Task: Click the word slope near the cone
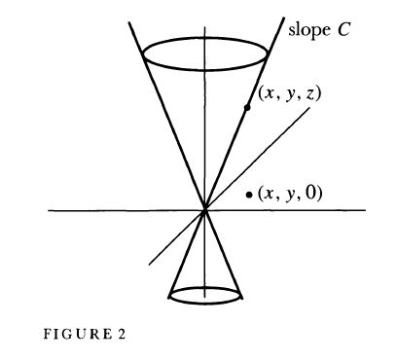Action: [x=305, y=29]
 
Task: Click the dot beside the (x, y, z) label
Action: [x=248, y=108]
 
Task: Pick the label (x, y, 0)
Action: [x=291, y=194]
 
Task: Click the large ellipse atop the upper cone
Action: [x=204, y=54]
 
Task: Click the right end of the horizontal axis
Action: [x=366, y=209]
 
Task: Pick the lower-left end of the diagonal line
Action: [x=148, y=264]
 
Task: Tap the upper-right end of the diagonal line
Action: [x=311, y=107]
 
